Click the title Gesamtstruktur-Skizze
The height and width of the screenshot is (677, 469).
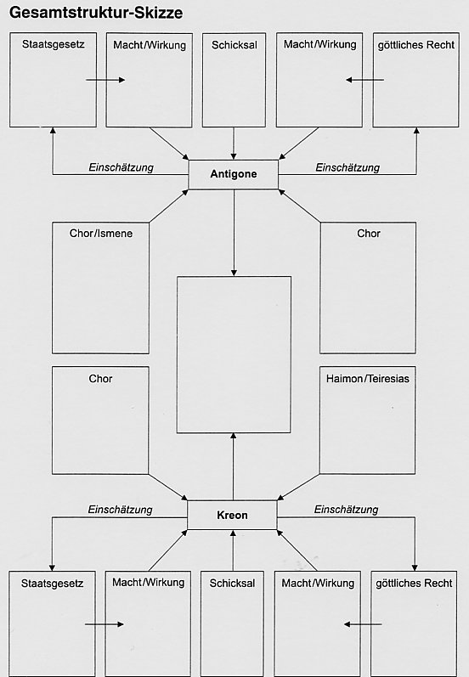click(x=96, y=13)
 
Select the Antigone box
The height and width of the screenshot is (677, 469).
click(x=233, y=174)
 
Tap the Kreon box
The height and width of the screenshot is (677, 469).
click(x=232, y=515)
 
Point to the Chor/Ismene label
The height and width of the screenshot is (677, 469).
click(x=101, y=234)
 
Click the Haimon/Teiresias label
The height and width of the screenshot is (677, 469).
click(x=368, y=379)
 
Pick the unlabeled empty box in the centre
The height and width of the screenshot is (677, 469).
click(x=234, y=354)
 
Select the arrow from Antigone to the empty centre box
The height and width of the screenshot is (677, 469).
click(x=234, y=233)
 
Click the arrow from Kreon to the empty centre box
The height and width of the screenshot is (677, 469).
click(x=233, y=466)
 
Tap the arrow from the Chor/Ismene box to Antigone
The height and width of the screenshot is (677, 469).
click(x=169, y=206)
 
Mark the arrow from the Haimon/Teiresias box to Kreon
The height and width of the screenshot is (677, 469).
click(x=298, y=488)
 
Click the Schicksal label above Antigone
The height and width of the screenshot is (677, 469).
click(x=234, y=45)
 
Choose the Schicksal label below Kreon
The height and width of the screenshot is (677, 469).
click(x=232, y=584)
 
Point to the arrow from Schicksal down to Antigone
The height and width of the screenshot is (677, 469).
click(x=234, y=144)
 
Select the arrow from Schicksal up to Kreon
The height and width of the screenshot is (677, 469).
click(x=233, y=550)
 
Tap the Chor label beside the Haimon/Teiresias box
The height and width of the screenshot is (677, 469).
click(x=100, y=379)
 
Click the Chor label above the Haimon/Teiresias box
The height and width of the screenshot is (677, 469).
click(x=369, y=234)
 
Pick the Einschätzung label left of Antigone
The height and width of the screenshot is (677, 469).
click(x=121, y=167)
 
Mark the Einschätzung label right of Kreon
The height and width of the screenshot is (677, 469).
click(x=346, y=510)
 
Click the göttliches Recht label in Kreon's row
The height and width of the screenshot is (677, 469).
click(x=414, y=584)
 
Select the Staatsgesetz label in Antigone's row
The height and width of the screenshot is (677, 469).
click(x=54, y=44)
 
